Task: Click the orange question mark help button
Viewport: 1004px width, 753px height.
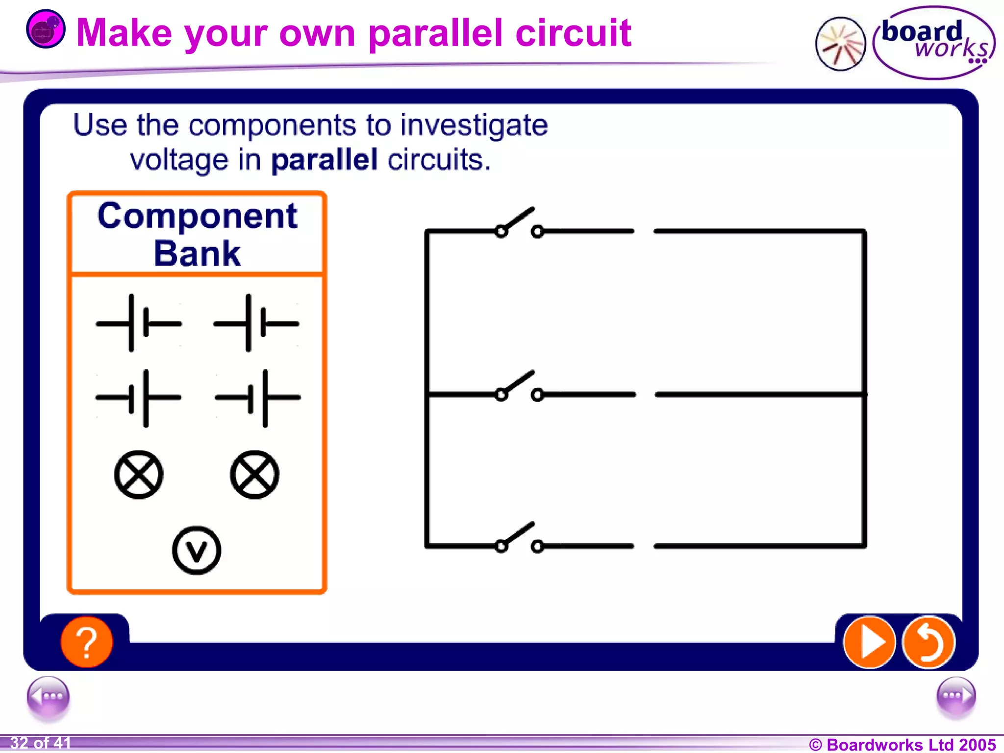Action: (x=87, y=642)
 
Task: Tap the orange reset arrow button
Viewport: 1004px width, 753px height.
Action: (x=929, y=642)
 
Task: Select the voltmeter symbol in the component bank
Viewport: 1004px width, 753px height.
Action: (x=197, y=550)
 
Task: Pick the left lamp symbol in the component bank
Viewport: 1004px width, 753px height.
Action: (x=139, y=475)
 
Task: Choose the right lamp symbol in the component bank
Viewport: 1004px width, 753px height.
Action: (x=254, y=475)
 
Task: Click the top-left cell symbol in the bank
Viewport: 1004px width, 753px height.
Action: (x=138, y=323)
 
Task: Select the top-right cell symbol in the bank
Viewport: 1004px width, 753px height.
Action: (x=255, y=323)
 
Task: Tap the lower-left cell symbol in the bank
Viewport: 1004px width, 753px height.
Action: (x=138, y=398)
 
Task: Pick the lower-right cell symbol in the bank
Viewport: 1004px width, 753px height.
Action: (x=257, y=398)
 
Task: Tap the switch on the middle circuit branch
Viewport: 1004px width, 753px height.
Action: (x=519, y=387)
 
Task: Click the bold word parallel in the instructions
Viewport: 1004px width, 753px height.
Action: (x=324, y=160)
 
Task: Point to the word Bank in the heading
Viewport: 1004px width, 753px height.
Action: (x=197, y=253)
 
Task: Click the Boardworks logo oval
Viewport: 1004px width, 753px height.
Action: (x=934, y=43)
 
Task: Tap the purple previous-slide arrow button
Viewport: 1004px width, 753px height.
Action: (x=48, y=696)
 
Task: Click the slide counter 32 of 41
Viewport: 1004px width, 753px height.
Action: (x=40, y=743)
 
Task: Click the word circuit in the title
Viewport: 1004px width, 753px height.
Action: (x=573, y=33)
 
